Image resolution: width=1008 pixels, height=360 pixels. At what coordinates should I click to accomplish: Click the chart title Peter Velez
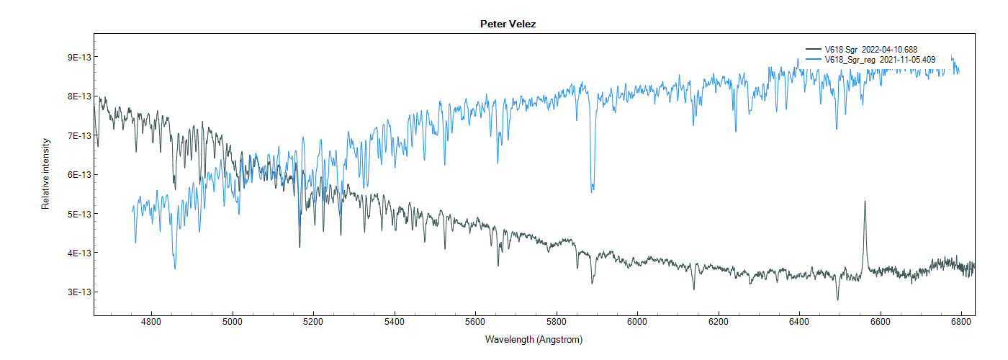(x=508, y=24)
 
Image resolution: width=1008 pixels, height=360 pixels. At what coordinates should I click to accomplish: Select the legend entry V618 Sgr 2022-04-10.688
(x=870, y=50)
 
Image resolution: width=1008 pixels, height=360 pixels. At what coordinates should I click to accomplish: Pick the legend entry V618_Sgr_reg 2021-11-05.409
(x=880, y=60)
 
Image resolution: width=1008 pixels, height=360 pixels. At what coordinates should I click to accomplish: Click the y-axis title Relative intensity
(x=45, y=174)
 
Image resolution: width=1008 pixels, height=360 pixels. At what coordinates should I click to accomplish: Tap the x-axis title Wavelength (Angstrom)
(x=534, y=339)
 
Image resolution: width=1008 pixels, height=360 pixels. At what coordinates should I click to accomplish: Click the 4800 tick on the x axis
(x=151, y=323)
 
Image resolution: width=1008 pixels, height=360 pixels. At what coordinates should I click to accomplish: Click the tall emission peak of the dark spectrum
(x=865, y=202)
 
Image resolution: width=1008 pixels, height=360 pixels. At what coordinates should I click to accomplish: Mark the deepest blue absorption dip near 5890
(x=592, y=191)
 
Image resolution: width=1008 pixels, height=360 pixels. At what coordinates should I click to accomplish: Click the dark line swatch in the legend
(x=813, y=50)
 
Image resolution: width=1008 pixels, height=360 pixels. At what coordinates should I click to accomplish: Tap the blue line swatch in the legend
(x=813, y=60)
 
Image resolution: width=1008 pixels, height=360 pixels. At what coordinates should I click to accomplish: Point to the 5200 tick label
(x=313, y=323)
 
